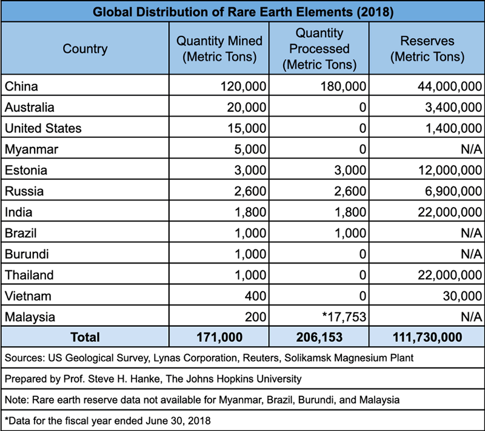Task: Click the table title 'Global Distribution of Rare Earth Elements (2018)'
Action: (x=242, y=12)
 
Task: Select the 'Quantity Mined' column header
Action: (x=219, y=49)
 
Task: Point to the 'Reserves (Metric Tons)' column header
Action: (x=427, y=49)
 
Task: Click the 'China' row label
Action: (x=21, y=86)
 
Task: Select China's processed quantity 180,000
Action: (x=343, y=87)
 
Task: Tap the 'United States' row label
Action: (x=43, y=128)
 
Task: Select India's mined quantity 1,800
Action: (x=251, y=212)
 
